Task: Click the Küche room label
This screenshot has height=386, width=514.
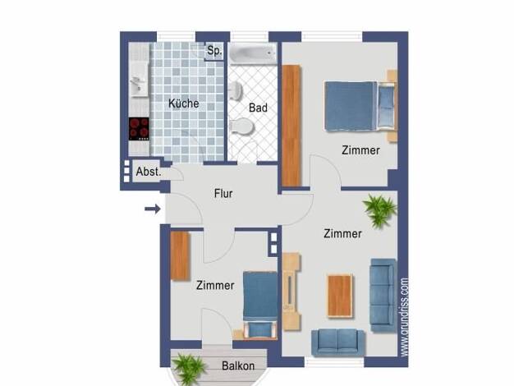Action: [x=184, y=103]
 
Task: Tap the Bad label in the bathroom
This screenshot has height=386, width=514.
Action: [x=258, y=108]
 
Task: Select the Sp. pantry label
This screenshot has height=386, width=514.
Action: [x=214, y=51]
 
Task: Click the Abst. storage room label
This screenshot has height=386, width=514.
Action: [x=149, y=172]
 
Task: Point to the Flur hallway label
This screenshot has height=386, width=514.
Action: [x=223, y=194]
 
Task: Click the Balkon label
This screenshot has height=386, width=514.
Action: [x=238, y=365]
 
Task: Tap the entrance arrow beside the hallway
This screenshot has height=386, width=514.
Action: [x=153, y=209]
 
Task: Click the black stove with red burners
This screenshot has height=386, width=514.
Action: [x=139, y=129]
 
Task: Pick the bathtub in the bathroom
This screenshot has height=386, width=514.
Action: [x=252, y=53]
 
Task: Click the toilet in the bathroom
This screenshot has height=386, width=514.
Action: [x=242, y=126]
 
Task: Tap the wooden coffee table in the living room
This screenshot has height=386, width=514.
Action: [x=341, y=296]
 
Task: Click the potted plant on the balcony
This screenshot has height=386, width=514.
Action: [x=189, y=369]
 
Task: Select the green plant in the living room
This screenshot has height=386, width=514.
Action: [x=380, y=210]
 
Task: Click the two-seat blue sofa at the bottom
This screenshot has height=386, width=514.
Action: [x=337, y=342]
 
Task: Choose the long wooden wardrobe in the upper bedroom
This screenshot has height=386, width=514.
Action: [x=291, y=126]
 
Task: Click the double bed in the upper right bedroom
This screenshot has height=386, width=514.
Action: [x=360, y=106]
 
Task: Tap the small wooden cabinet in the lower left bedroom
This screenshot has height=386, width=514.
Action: [x=180, y=255]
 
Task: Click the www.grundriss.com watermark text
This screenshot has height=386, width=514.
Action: [x=405, y=317]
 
